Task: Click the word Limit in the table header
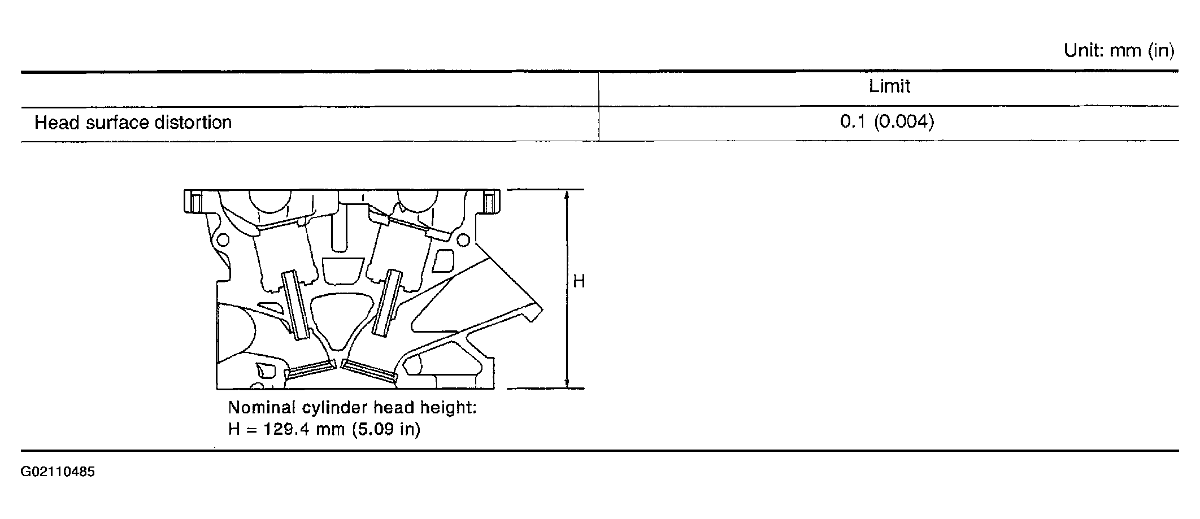point(889,86)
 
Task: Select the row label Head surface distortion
point(133,123)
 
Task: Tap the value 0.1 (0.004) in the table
point(887,122)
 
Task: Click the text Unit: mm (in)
point(1119,51)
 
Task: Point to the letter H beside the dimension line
point(579,281)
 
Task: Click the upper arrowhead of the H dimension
point(567,195)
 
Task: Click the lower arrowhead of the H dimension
point(567,383)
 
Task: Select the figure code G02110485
point(58,472)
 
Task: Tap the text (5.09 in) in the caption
point(386,429)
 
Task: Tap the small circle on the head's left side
point(223,240)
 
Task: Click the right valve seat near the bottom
point(369,370)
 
